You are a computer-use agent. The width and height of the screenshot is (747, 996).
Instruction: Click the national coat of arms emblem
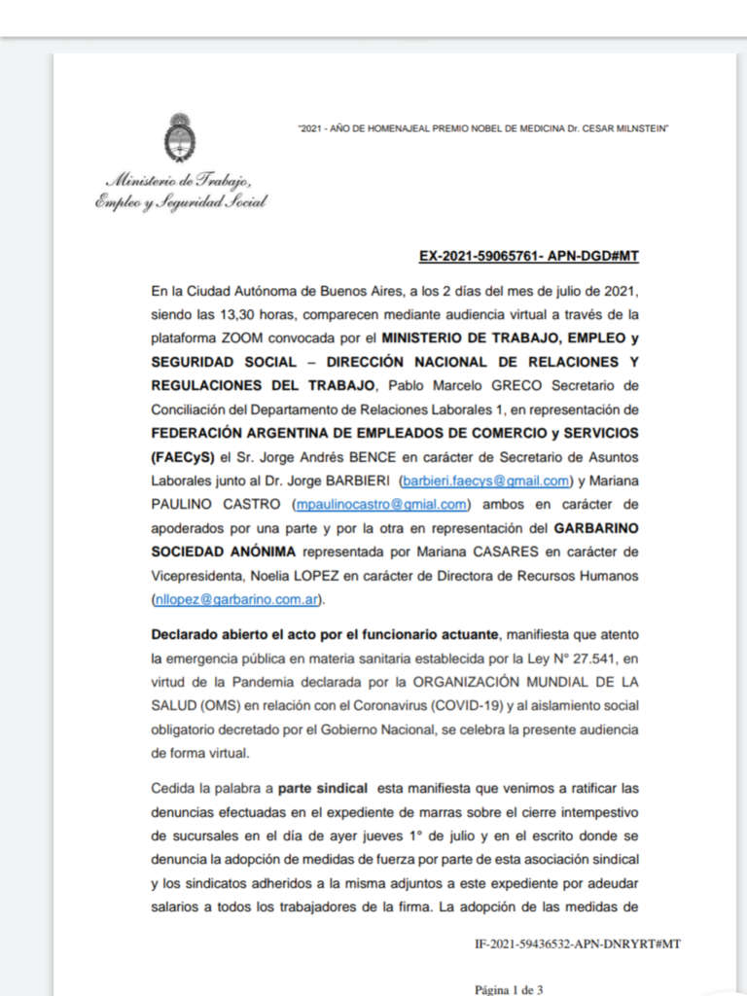tap(180, 138)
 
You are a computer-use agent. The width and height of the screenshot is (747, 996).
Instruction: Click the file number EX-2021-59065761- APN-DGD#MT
tap(528, 257)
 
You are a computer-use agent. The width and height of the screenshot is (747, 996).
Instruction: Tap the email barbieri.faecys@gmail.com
tap(485, 480)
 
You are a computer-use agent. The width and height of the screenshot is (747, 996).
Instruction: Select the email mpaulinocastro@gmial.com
tap(381, 504)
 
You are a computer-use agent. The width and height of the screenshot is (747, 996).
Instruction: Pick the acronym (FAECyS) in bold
tap(182, 456)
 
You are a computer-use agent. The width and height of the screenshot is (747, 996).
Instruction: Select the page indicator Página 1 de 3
tap(509, 989)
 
